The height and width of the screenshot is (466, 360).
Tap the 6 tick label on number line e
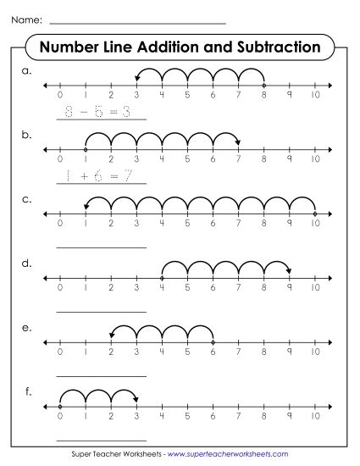(213, 352)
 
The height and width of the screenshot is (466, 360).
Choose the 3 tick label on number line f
(136, 416)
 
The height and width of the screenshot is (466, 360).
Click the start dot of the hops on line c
(315, 213)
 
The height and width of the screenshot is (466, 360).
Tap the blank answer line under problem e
(101, 375)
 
